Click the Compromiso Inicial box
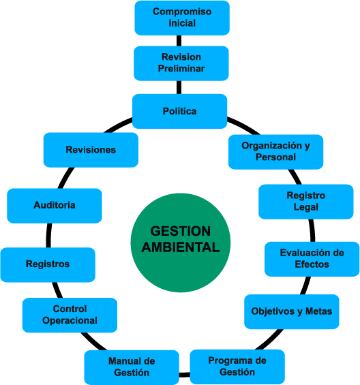182,18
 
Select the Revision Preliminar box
181,63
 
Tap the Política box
179,111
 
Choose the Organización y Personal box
275,152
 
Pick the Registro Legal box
306,202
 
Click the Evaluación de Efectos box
312,259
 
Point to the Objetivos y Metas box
292,311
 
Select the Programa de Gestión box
237,367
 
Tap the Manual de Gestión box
132,367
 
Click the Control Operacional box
70,315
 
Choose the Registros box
48,264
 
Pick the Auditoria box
55,206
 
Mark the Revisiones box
91,150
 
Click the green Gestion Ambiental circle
181,243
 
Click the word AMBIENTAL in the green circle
181,247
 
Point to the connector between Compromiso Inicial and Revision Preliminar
179,40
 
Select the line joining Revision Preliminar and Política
179,87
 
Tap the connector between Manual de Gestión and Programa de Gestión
185,375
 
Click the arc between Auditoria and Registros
48,235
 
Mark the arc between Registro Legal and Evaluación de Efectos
312,230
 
